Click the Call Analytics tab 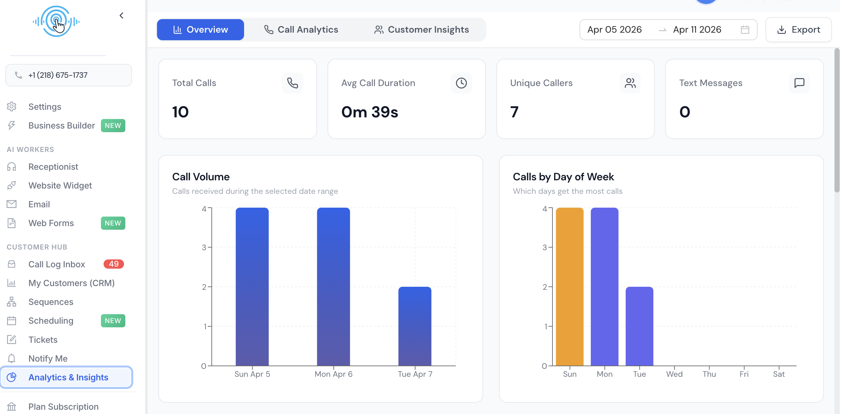click(301, 30)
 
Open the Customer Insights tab click(422, 30)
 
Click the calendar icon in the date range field click(745, 30)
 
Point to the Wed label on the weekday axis click(674, 374)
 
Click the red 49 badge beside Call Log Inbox click(113, 264)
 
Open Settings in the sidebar click(45, 107)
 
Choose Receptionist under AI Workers click(53, 167)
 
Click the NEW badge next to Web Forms click(113, 223)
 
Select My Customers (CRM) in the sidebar click(71, 283)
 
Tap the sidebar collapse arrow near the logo click(121, 15)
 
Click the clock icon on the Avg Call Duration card click(461, 83)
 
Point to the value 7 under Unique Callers click(514, 112)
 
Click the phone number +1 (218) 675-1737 click(58, 75)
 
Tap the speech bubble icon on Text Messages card click(799, 83)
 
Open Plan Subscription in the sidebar click(63, 407)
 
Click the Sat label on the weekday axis click(779, 374)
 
